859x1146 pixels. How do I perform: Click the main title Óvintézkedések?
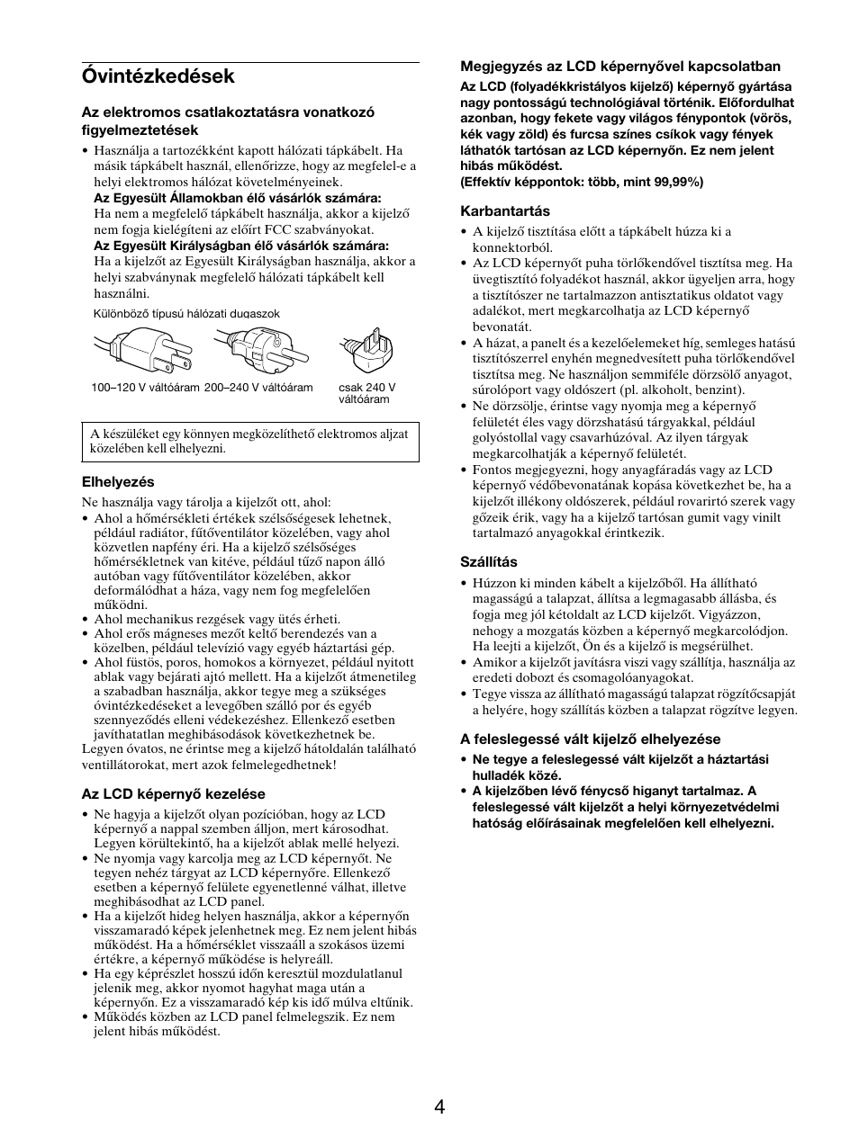158,76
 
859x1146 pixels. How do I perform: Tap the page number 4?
439,1106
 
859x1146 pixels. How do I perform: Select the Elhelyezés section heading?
118,482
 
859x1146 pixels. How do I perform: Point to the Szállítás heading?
489,562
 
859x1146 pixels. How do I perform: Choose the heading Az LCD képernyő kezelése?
174,794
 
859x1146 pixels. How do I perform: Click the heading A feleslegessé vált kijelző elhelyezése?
590,739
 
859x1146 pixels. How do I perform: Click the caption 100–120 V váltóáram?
144,388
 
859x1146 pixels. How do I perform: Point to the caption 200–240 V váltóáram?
258,388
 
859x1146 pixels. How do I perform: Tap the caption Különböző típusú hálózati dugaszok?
186,314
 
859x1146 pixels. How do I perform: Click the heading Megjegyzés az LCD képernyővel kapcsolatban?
620,67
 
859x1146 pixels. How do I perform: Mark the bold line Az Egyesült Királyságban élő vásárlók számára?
241,246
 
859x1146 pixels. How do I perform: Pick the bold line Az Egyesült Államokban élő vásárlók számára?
238,198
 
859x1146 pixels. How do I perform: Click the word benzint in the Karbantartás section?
718,390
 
